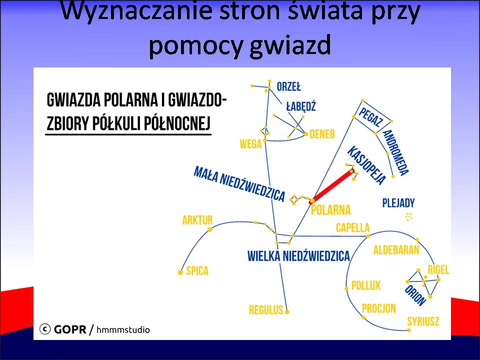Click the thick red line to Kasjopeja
pos(332,186)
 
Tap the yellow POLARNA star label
pos(330,210)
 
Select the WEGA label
pos(250,144)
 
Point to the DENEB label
pos(322,134)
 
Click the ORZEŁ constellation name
pos(288,86)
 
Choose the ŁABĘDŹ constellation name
pos(300,106)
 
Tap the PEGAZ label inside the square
pos(370,117)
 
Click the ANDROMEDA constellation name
pos(395,152)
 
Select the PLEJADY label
pos(398,203)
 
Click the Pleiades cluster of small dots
pos(409,216)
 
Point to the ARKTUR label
pos(197,220)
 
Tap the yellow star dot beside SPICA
pos(180,272)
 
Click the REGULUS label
pos(266,310)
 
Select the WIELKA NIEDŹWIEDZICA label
pos(298,256)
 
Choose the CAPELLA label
pos(352,228)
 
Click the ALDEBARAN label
pos(396,250)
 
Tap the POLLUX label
pos(366,285)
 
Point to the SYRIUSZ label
pos(423,321)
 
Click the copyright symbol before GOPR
pos(45,329)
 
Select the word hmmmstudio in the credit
pos(123,329)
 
